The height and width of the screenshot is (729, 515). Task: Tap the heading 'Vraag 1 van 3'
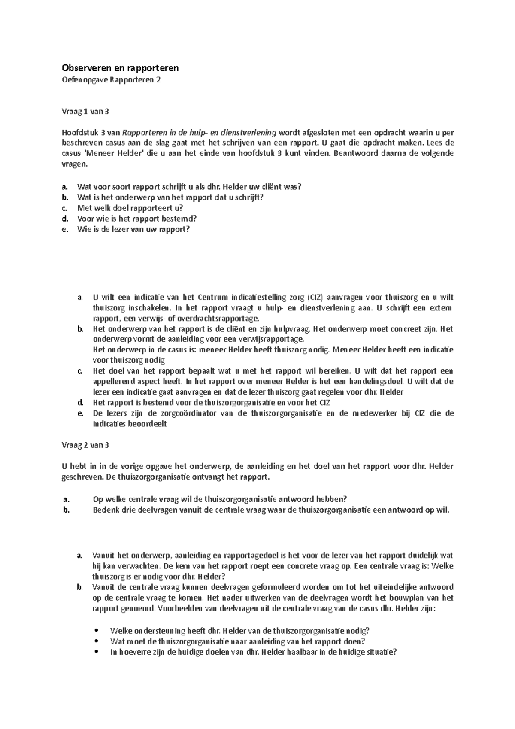pyautogui.click(x=85, y=112)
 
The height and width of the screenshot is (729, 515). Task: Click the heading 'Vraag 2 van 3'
pyautogui.click(x=85, y=445)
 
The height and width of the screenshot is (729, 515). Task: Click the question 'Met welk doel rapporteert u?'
pyautogui.click(x=130, y=208)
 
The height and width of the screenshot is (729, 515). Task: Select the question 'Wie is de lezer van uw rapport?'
pyautogui.click(x=133, y=229)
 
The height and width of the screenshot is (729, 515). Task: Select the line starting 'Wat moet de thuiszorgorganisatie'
pyautogui.click(x=237, y=641)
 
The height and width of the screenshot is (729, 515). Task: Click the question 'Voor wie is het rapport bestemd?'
pyautogui.click(x=136, y=219)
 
